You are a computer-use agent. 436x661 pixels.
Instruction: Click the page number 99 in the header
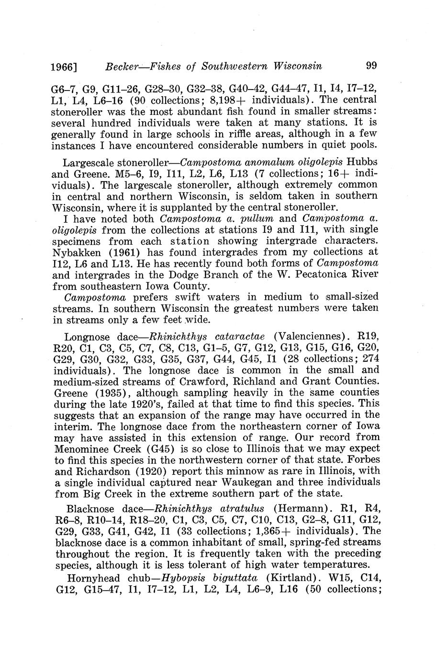pyautogui.click(x=371, y=65)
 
